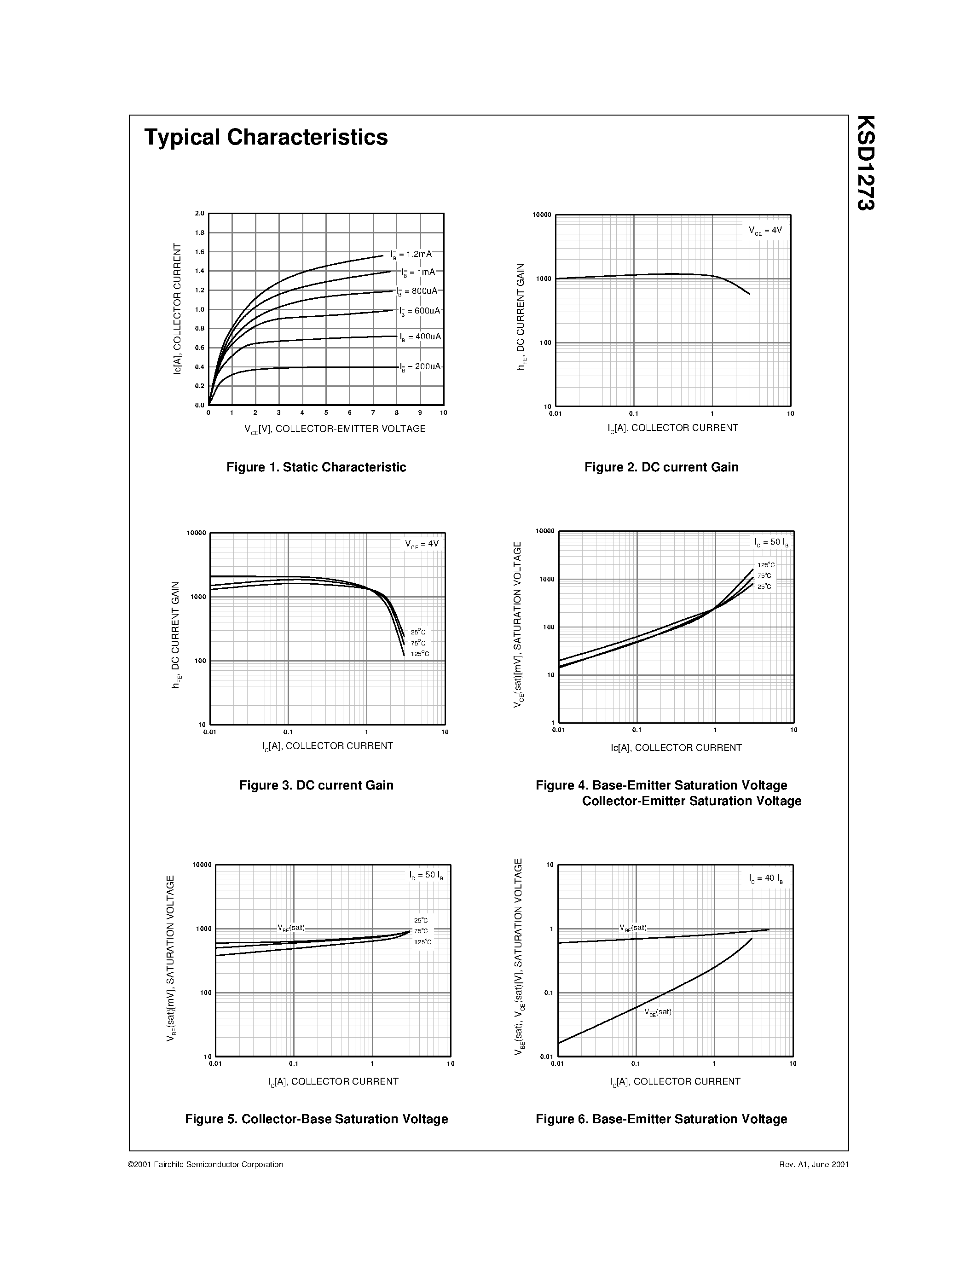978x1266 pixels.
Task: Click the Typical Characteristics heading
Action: (266, 137)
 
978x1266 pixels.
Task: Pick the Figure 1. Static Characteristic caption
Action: (316, 467)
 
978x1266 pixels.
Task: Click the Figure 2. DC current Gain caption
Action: (661, 467)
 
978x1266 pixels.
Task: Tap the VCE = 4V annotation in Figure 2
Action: (765, 231)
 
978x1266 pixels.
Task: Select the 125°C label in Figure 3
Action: (420, 654)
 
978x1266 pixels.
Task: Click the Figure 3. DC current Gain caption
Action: (316, 785)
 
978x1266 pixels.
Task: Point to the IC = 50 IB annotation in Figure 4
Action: (770, 543)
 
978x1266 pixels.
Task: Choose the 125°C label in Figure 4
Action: (765, 565)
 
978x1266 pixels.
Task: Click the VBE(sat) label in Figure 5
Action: (291, 928)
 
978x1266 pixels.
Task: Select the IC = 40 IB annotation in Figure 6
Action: (765, 878)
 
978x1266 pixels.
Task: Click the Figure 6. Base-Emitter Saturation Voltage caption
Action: (661, 1119)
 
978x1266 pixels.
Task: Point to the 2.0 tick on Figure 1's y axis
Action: (200, 213)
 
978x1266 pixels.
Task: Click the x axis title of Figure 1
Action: (335, 429)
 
